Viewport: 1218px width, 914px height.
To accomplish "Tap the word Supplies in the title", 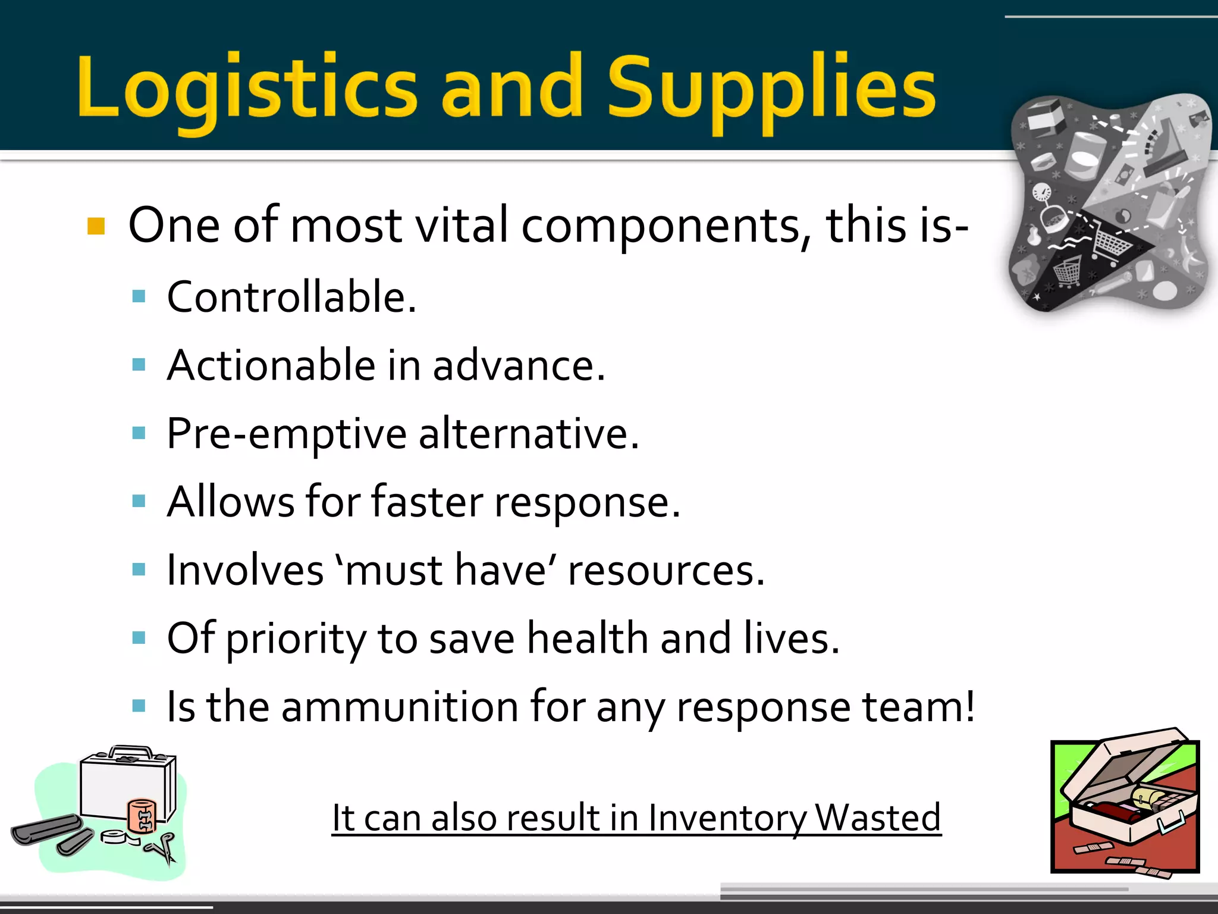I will click(x=771, y=89).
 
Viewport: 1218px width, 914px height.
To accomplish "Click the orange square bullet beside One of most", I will click(x=96, y=227).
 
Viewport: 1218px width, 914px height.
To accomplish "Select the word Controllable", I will click(x=291, y=297).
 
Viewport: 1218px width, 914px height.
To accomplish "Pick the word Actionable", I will click(x=271, y=365).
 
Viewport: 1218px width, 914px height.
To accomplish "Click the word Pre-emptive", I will click(x=287, y=434).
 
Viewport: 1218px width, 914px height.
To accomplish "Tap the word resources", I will click(x=665, y=571).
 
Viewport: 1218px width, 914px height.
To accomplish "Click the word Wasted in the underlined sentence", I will click(x=878, y=818).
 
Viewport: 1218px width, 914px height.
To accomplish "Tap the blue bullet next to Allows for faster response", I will click(x=139, y=501).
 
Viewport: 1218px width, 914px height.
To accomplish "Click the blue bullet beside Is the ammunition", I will click(x=139, y=706).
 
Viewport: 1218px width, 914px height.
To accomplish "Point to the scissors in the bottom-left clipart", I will click(x=162, y=848).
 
